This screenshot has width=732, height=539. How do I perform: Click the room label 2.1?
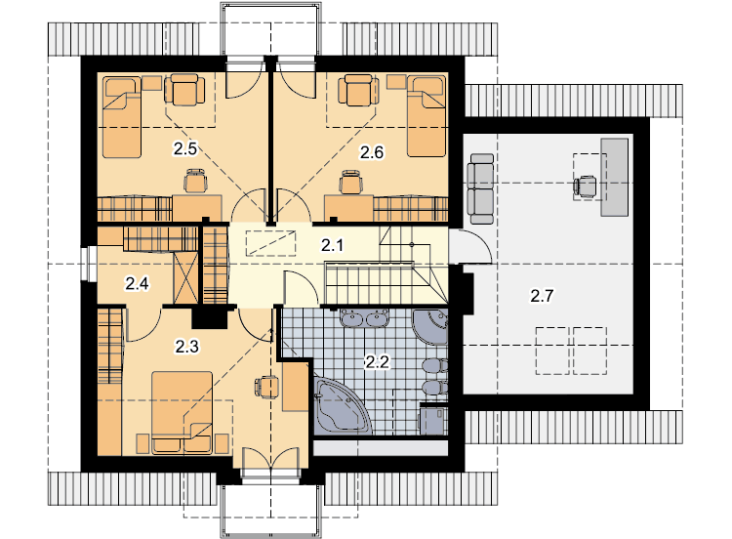[x=332, y=245]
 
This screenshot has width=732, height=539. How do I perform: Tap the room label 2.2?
[x=377, y=361]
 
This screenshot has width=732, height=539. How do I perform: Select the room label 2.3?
[x=186, y=346]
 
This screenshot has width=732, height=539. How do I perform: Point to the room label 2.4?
[x=137, y=283]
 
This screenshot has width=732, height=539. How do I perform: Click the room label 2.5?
[x=184, y=148]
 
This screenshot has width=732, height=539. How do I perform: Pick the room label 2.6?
[x=371, y=152]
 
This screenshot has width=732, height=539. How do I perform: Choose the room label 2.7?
[x=542, y=295]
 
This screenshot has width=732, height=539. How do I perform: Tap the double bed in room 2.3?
[x=183, y=412]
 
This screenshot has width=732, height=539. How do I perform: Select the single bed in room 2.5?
[x=121, y=118]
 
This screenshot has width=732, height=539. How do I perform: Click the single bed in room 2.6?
[x=427, y=117]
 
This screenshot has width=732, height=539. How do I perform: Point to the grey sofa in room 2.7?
[x=482, y=189]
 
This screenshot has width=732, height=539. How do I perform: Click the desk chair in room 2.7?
[x=585, y=187]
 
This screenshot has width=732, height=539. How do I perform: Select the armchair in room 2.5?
[x=184, y=90]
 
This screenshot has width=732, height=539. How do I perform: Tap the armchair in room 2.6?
[x=358, y=90]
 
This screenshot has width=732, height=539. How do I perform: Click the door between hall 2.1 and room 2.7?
[x=470, y=247]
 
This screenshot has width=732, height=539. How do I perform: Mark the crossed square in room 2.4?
[x=185, y=278]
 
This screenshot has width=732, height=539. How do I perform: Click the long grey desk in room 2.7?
[x=614, y=177]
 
